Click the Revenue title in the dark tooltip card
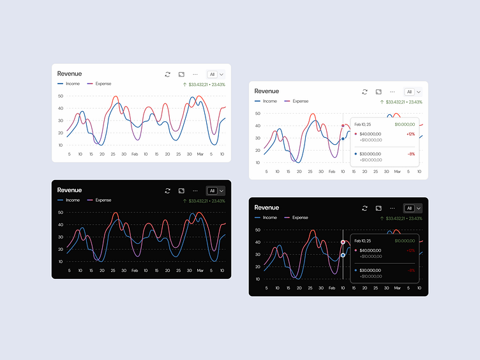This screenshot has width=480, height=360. click(x=266, y=207)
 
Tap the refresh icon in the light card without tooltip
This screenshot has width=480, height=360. click(x=167, y=74)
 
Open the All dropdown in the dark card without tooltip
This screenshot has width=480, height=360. click(x=216, y=190)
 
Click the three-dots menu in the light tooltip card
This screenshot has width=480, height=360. click(x=392, y=91)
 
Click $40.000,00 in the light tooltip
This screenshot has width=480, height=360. click(x=370, y=134)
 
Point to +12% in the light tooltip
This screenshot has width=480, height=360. click(x=410, y=134)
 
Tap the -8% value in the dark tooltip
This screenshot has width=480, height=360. click(x=411, y=270)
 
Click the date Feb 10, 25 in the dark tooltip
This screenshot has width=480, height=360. click(x=363, y=241)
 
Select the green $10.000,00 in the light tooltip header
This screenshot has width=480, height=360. click(x=404, y=124)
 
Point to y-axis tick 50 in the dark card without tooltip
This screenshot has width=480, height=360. click(x=60, y=212)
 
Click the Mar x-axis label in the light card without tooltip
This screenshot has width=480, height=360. click(x=200, y=154)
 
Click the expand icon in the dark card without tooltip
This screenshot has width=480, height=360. click(x=181, y=190)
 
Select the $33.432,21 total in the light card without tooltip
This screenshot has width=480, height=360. click(x=200, y=84)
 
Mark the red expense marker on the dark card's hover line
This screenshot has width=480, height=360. click(x=343, y=242)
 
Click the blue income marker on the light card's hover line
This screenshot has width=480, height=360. click(x=343, y=138)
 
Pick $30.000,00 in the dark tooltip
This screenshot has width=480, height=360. click(x=370, y=270)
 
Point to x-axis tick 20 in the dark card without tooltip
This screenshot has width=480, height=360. click(x=101, y=271)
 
